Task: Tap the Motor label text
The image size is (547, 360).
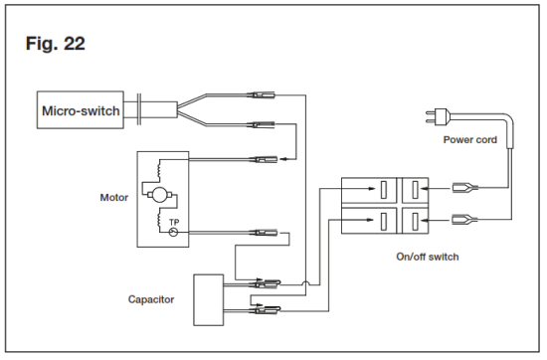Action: (x=114, y=197)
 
